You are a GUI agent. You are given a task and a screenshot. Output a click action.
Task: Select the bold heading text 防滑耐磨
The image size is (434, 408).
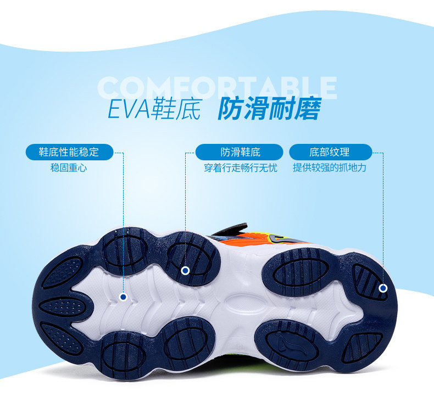point(269,109)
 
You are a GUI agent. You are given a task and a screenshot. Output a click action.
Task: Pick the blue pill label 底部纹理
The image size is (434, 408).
point(330,152)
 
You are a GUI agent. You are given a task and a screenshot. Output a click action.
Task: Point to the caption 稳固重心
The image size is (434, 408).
point(69,167)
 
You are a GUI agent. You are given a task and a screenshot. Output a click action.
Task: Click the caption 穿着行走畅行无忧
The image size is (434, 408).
point(241,167)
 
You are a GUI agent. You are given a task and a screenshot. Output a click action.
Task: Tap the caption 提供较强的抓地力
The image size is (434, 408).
point(330,167)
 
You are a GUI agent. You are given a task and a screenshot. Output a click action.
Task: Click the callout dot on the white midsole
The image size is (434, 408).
point(124,297)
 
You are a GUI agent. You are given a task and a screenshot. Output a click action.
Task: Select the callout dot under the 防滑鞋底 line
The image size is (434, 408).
point(185,270)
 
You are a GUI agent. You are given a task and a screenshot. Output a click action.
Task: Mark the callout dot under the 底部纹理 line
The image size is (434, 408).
point(383,288)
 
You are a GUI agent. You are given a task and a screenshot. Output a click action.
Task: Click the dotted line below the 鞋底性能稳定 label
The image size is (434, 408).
point(124,220)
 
